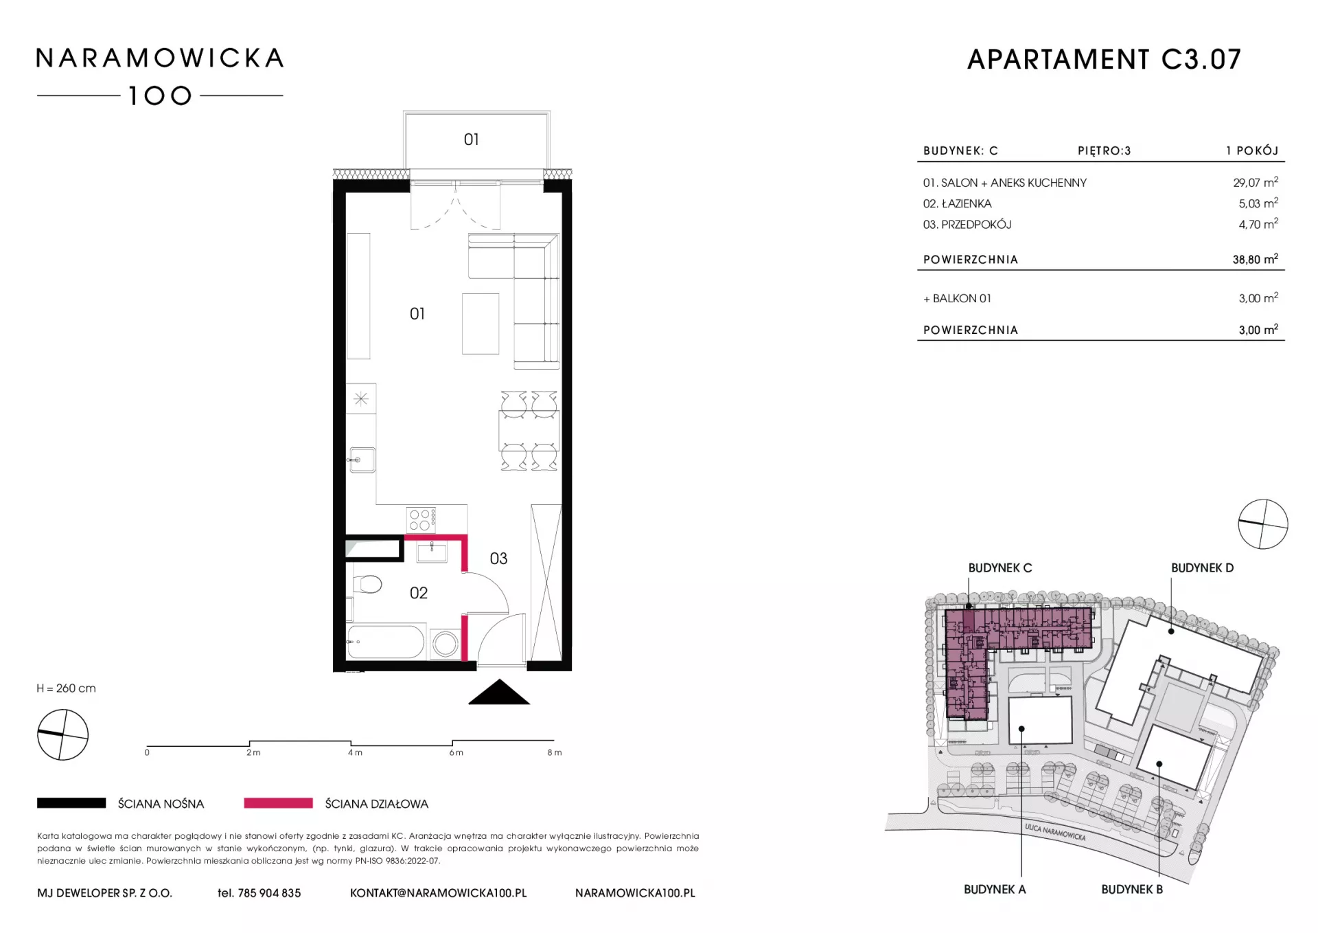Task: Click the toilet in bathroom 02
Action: tap(367, 585)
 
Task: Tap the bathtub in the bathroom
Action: tap(386, 642)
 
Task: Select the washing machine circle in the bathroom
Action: tap(446, 644)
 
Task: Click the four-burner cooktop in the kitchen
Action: tap(421, 520)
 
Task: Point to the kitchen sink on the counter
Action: tap(362, 460)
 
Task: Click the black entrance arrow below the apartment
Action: tap(499, 692)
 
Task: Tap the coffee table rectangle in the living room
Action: tap(481, 324)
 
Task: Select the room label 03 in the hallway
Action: tap(498, 559)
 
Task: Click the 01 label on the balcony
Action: tap(471, 139)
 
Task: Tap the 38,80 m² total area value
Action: tap(1255, 259)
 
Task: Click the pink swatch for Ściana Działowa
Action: tap(278, 802)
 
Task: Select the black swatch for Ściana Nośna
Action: tap(71, 802)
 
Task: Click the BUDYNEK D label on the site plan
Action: tap(1202, 568)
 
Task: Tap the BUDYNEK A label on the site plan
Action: tap(994, 889)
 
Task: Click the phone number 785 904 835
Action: tap(269, 893)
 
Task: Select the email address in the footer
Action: tap(438, 893)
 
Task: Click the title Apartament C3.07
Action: tap(1104, 60)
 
